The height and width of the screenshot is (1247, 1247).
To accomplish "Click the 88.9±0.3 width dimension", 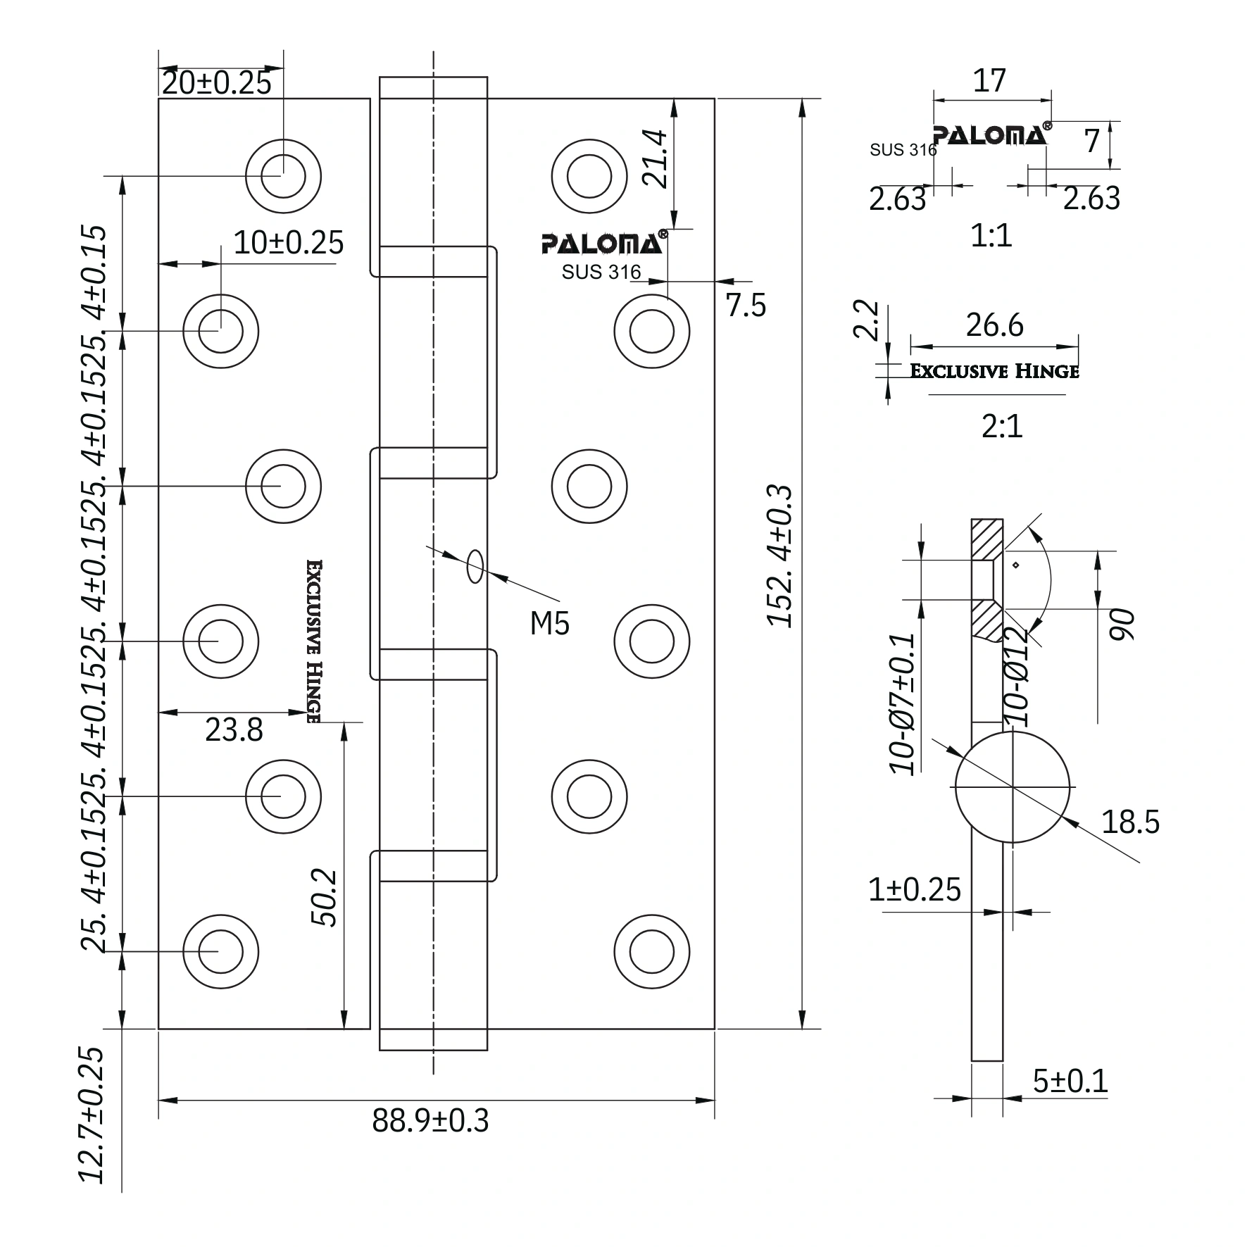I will point(430,1120).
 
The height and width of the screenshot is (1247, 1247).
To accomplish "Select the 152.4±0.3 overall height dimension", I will point(779,556).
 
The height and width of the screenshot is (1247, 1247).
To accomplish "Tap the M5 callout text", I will point(549,623).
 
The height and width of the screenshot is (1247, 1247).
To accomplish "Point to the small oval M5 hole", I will point(475,566).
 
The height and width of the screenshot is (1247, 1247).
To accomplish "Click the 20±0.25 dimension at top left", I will point(216,83).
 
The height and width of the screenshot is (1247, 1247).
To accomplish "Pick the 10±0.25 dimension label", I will point(288,243).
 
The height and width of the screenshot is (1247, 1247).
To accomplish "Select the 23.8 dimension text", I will point(234,730).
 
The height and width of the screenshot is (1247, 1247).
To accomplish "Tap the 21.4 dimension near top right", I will point(656,158).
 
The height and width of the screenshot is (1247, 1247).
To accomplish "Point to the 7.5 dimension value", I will point(746,306).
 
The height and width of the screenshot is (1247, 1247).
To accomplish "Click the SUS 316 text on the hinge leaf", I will point(601,272).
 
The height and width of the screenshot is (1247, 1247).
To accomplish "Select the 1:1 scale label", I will point(991,236).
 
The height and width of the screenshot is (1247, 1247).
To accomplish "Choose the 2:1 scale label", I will point(1002,427).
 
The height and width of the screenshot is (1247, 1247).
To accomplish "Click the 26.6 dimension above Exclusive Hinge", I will point(994,326).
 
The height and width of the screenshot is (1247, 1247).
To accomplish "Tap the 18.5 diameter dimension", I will point(1130,822).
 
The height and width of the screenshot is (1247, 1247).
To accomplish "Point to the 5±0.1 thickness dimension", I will point(1070,1081).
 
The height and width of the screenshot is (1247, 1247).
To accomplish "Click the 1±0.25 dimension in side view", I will point(914,890).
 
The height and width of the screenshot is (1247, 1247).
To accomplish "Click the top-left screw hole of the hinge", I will point(283,176).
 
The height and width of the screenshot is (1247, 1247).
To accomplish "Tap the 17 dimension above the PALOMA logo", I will point(989,81).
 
